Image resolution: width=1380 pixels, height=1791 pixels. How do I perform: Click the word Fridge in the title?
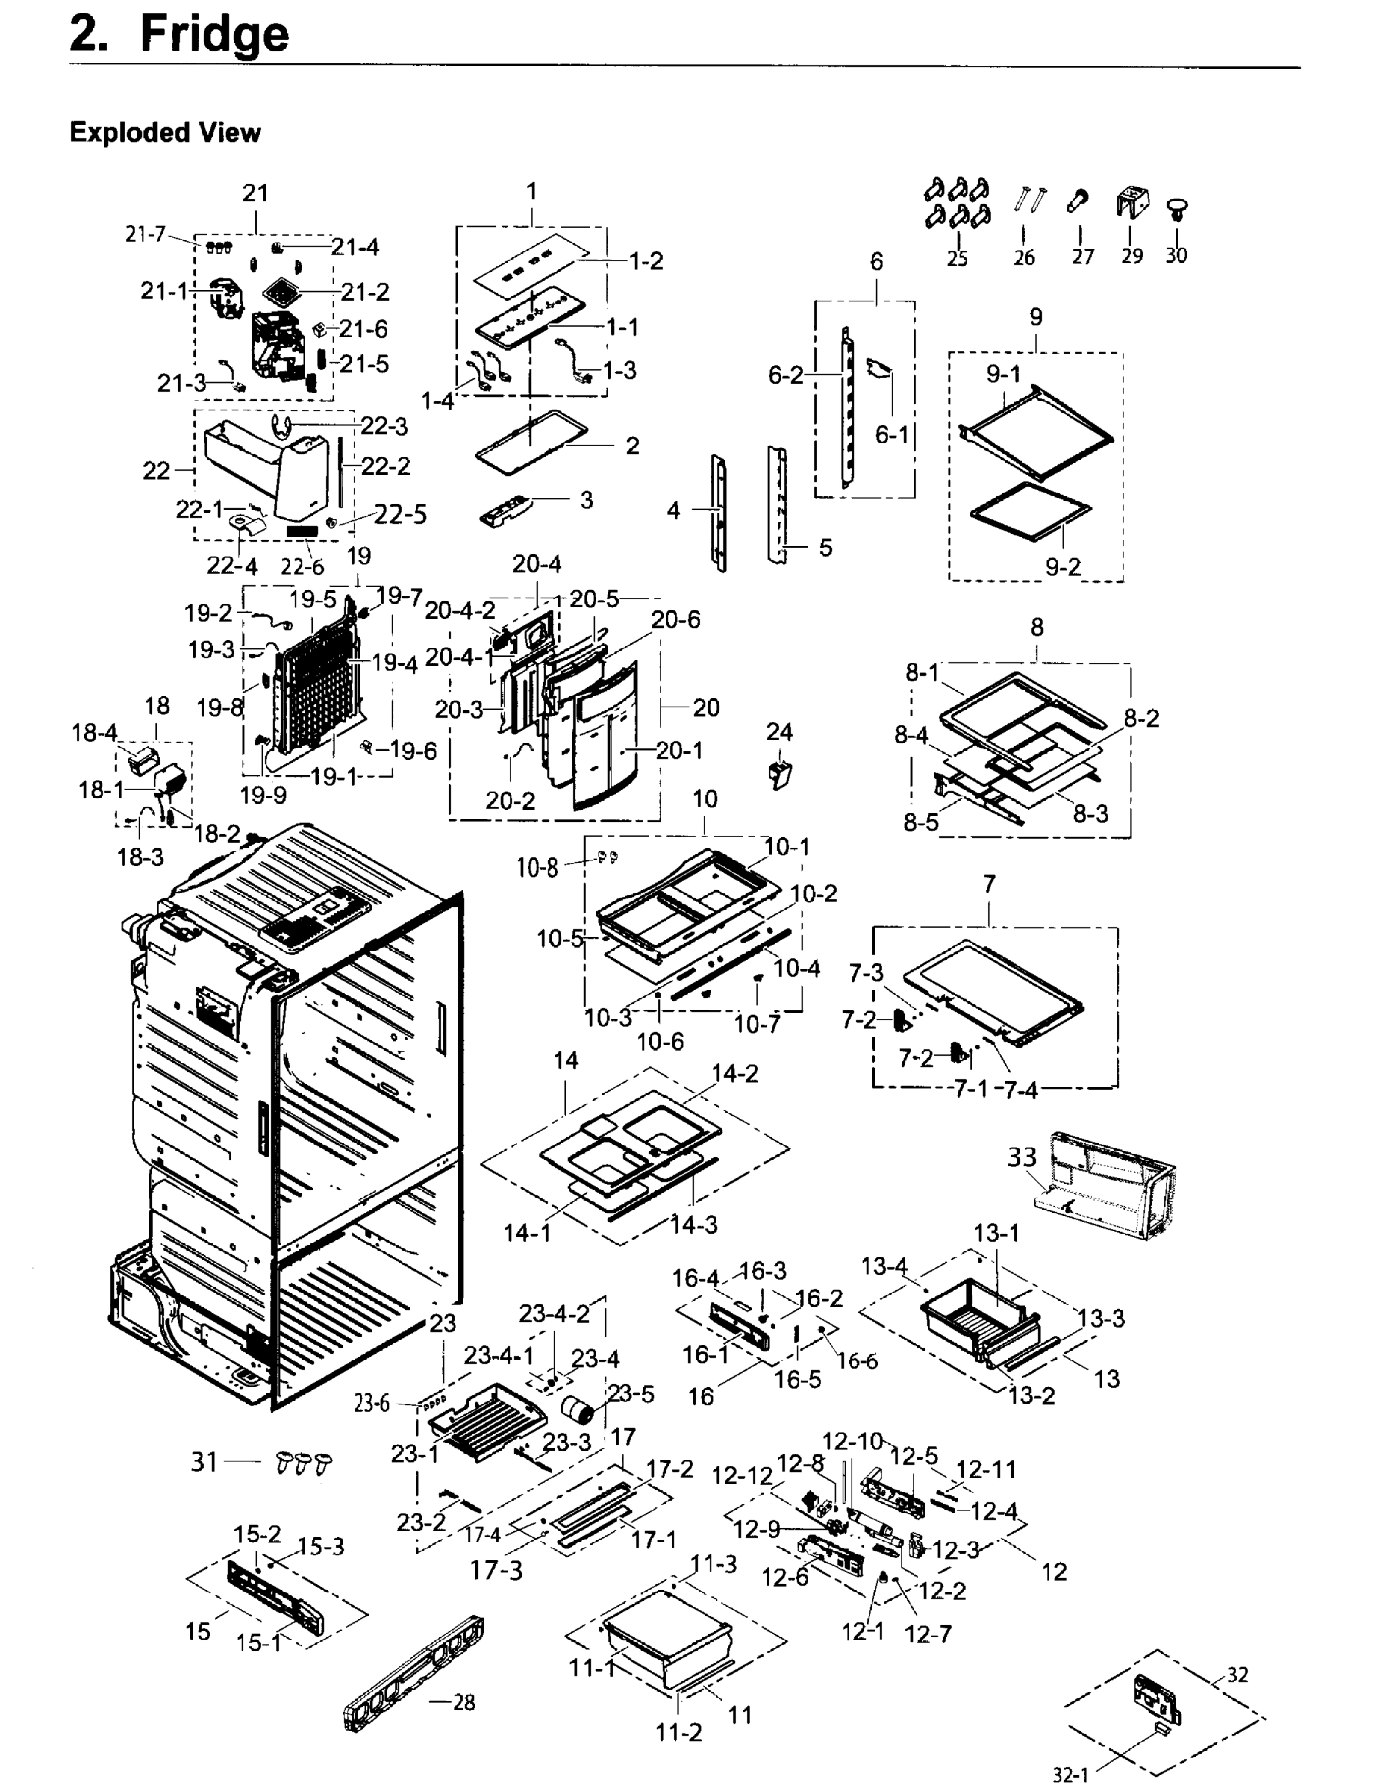pos(214,34)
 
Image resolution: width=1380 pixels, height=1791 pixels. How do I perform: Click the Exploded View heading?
pos(165,132)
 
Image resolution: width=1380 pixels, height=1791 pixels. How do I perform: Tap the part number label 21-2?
pos(366,292)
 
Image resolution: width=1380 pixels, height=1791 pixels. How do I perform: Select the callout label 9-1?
pos(1004,374)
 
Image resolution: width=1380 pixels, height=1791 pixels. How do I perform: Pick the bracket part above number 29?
pos(1132,201)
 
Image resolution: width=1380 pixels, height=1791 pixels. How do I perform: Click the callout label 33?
pos(1022,1158)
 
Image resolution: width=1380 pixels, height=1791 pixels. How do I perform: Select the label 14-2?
pos(734,1073)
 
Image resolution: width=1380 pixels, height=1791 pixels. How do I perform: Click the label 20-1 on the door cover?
pos(680,750)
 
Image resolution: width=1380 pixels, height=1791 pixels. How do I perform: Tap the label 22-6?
pos(302,566)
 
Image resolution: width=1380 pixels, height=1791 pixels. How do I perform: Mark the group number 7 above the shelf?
pos(990,884)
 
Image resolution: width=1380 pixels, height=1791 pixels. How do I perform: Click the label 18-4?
pos(94,732)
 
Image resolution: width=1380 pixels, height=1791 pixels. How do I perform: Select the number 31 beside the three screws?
pos(204,1462)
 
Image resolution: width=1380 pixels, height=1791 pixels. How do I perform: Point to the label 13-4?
pos(884,1266)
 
